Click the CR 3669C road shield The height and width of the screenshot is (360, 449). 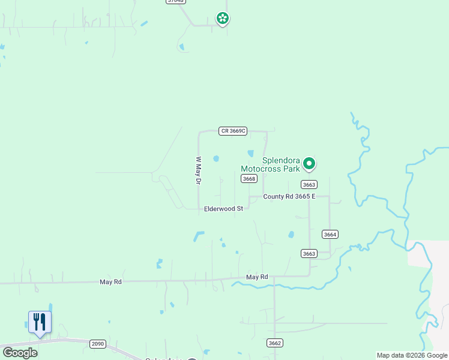coord(234,131)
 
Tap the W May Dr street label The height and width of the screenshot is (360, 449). coord(197,171)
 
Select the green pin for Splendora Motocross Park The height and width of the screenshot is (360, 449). coord(309,163)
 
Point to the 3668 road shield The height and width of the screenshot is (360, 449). coord(249,179)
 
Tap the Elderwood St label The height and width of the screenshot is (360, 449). coord(223,209)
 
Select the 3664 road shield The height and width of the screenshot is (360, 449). coord(330,234)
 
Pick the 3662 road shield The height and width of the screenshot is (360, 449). coord(275,343)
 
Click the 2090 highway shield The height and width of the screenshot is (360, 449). coord(97,344)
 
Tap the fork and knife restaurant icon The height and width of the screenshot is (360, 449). coord(40,322)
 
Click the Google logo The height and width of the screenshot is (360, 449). coord(19,353)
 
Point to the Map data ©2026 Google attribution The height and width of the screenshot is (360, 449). coord(411,355)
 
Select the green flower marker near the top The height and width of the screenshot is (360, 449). coord(223,19)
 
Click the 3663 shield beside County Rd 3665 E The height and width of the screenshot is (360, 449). coord(309,185)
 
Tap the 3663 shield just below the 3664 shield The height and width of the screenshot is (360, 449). coord(309,254)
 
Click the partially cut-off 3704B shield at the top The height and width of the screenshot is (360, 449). coord(175,2)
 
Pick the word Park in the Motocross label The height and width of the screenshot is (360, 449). coord(291,169)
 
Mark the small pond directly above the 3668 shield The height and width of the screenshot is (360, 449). coord(250,153)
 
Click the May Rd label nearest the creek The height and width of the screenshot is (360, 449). coord(256,277)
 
